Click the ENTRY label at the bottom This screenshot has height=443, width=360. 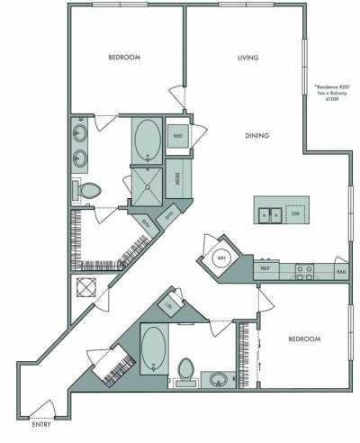(x=40, y=423)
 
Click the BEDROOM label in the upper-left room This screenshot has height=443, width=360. (x=123, y=58)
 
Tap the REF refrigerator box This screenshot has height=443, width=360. (x=265, y=268)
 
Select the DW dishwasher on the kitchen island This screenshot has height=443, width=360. (x=293, y=214)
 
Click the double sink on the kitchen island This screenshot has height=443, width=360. (x=268, y=214)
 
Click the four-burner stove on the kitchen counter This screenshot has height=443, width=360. (x=304, y=268)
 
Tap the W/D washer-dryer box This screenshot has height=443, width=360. (x=178, y=136)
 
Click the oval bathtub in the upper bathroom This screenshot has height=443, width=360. (x=147, y=139)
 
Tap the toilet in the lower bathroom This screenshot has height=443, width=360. (x=186, y=370)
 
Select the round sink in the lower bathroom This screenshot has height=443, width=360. (x=217, y=378)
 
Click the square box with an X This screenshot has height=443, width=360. (x=88, y=289)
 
